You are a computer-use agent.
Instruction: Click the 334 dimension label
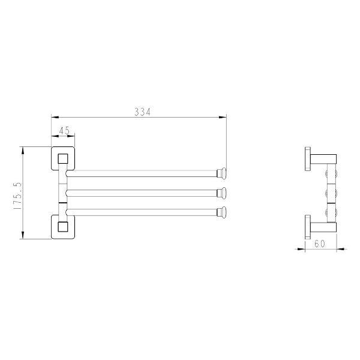pos(142,112)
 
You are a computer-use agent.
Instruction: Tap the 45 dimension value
pos(64,131)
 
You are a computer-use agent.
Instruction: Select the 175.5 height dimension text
pos(17,196)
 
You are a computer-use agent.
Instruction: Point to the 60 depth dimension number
pos(320,244)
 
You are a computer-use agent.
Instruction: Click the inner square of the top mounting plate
pos(63,158)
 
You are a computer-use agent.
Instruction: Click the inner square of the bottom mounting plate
pos(63,227)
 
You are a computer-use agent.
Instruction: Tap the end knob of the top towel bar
pos(222,173)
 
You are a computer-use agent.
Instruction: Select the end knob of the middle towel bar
pos(222,193)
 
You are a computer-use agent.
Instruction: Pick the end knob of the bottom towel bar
pos(222,212)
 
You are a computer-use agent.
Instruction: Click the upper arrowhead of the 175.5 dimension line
pos(23,151)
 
